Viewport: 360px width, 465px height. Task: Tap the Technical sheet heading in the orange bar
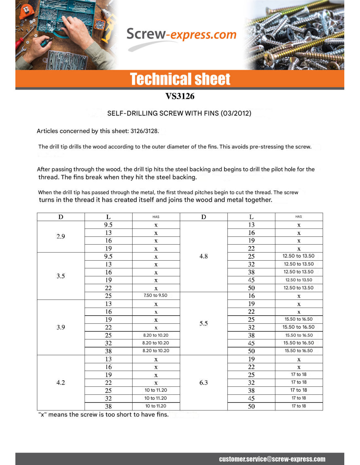point(180,79)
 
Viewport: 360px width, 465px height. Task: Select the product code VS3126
point(180,96)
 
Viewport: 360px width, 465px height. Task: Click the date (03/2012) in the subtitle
point(236,113)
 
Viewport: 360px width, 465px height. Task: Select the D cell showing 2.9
point(61,236)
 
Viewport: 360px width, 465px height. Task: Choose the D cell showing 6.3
point(204,383)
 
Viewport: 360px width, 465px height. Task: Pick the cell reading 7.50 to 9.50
point(156,296)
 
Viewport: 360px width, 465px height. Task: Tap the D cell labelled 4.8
point(204,256)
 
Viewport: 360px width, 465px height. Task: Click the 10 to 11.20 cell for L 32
point(156,398)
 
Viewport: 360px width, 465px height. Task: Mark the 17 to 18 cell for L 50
point(299,406)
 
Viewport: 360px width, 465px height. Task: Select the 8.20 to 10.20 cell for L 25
point(156,335)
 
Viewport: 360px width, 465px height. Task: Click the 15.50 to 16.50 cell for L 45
point(299,343)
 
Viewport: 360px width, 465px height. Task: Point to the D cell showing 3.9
point(61,327)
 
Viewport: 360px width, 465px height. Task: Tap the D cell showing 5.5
point(204,323)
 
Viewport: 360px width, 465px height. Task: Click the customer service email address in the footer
point(272,459)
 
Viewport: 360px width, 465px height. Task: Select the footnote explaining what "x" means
point(103,415)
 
